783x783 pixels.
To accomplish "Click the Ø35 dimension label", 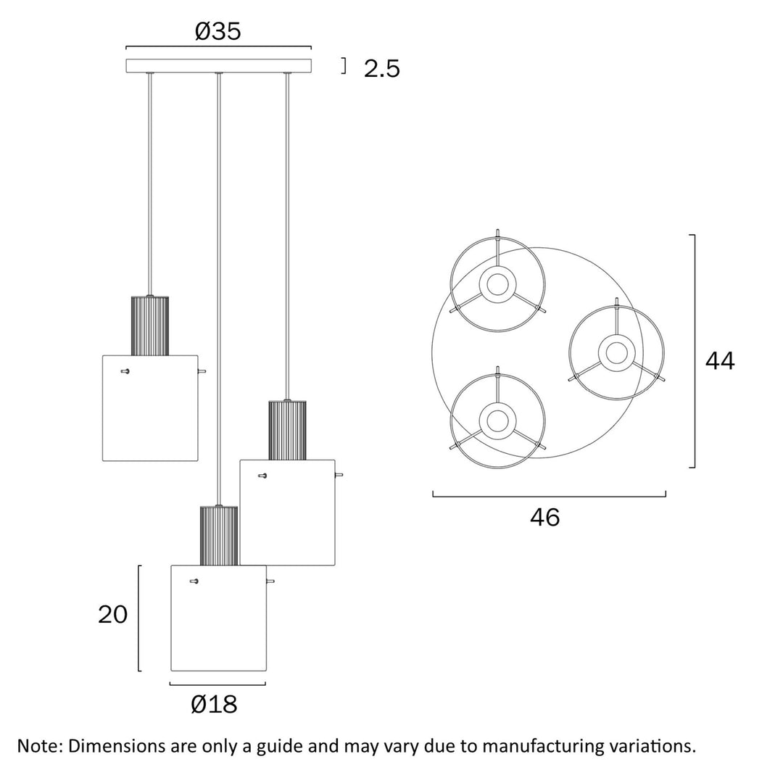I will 217,32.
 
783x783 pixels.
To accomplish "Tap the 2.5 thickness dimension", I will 381,69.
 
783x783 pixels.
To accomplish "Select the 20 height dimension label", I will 112,615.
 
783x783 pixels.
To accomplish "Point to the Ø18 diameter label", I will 214,703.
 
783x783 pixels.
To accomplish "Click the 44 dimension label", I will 720,360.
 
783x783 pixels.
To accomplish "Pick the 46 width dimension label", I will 544,517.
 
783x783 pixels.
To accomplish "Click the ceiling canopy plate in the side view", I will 218,65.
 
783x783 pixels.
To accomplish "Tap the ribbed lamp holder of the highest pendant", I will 149,326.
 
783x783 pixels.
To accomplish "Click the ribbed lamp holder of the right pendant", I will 287,429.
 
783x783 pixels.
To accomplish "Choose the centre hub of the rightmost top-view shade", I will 616,353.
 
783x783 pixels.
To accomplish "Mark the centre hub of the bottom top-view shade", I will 497,420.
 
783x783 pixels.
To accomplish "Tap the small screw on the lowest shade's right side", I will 270,581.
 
